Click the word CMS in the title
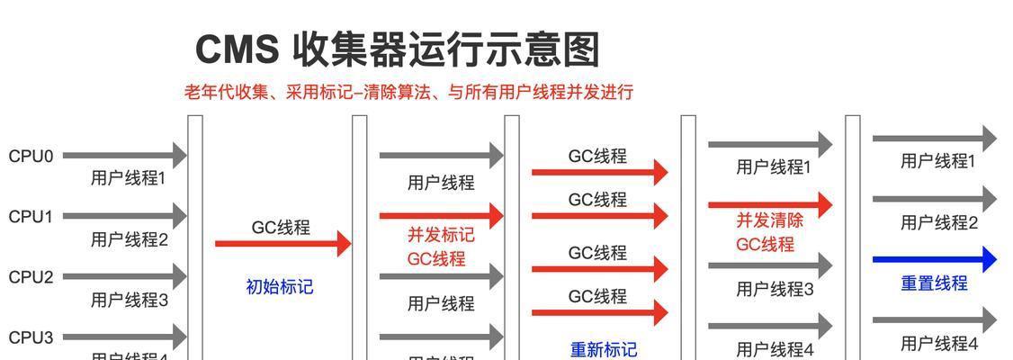[x=237, y=49]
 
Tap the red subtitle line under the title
[x=409, y=92]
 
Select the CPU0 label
[x=31, y=157]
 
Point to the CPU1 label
[x=31, y=217]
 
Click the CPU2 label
[x=31, y=277]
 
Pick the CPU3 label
[x=31, y=337]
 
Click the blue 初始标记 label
[x=280, y=287]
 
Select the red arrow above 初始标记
[x=282, y=243]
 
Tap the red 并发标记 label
[x=441, y=235]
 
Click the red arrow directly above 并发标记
[x=441, y=216]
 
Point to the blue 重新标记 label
[x=604, y=349]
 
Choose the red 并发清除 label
[x=769, y=220]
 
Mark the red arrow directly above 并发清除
[x=770, y=204]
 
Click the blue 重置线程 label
[x=934, y=283]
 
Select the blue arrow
[x=935, y=259]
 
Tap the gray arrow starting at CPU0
[x=124, y=156]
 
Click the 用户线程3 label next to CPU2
[x=129, y=301]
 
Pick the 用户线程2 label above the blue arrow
[x=938, y=222]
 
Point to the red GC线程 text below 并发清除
[x=765, y=244]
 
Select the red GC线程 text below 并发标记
[x=436, y=259]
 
